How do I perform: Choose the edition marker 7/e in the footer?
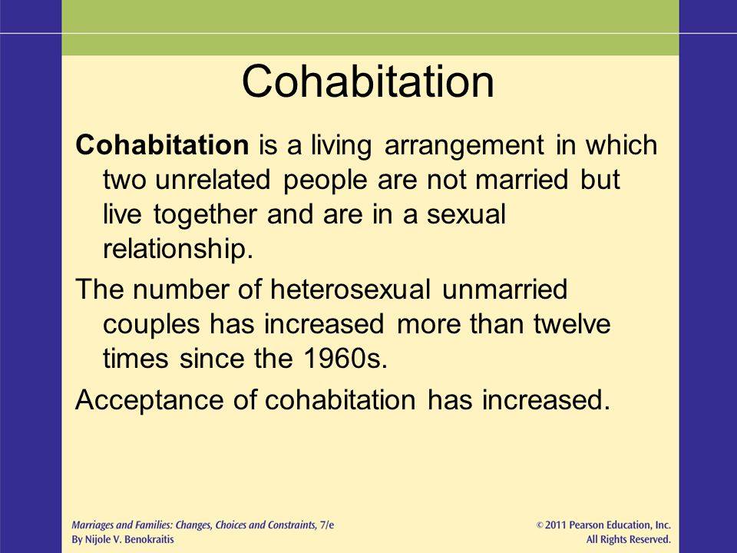pyautogui.click(x=324, y=525)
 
